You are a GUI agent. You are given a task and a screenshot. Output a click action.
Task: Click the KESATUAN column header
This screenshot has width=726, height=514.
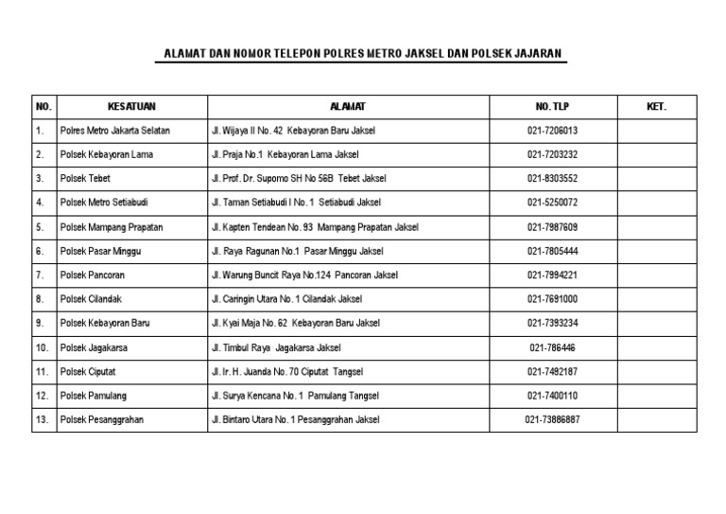click(131, 107)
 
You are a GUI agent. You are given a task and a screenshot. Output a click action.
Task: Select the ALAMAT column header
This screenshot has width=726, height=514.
click(347, 107)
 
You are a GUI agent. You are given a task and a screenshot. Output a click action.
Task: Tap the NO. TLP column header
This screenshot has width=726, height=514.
click(553, 107)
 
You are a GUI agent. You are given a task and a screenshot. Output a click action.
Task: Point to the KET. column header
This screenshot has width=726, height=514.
click(657, 107)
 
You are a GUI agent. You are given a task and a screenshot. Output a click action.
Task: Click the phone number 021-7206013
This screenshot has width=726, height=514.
click(553, 131)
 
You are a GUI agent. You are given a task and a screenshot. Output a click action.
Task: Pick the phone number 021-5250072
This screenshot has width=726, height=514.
click(553, 203)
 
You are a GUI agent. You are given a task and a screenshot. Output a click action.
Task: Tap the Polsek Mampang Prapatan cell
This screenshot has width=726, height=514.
click(111, 227)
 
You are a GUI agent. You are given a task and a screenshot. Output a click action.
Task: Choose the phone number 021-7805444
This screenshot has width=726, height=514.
click(553, 251)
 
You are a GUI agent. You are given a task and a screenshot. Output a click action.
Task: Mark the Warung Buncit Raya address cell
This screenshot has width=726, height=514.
click(304, 275)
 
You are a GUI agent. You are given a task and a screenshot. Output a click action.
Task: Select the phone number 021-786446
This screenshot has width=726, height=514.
click(553, 347)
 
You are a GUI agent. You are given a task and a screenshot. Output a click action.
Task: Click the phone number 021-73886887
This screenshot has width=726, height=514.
click(553, 420)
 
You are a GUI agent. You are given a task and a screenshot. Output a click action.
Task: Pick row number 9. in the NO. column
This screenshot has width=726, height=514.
click(41, 324)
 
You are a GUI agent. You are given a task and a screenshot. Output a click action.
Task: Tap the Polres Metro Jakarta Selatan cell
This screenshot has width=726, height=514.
click(115, 131)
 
